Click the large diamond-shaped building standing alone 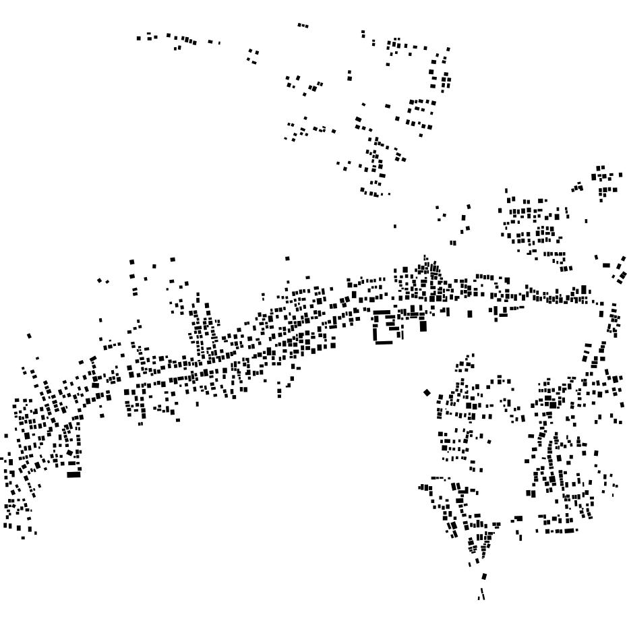pyautogui.click(x=426, y=392)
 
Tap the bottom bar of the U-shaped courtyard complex pyautogui.click(x=384, y=342)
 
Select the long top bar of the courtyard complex pyautogui.click(x=386, y=313)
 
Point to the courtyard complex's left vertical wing pyautogui.click(x=376, y=328)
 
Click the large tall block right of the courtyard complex pyautogui.click(x=423, y=326)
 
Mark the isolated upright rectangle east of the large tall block pyautogui.click(x=470, y=314)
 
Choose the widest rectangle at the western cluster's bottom pyautogui.click(x=73, y=475)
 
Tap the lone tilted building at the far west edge pyautogui.click(x=29, y=335)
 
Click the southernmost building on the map pyautogui.click(x=481, y=595)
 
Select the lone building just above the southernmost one pyautogui.click(x=483, y=576)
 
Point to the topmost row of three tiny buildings pyautogui.click(x=303, y=26)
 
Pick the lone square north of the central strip pyautogui.click(x=287, y=258)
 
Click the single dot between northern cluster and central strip pyautogui.click(x=395, y=226)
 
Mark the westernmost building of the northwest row pyautogui.click(x=139, y=38)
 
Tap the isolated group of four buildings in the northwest pyautogui.click(x=253, y=55)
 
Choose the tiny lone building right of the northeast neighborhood pyautogui.click(x=586, y=220)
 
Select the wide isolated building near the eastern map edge pyautogui.click(x=606, y=265)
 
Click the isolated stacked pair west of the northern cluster pyautogui.click(x=349, y=75)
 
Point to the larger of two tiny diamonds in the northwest pyautogui.click(x=100, y=280)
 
